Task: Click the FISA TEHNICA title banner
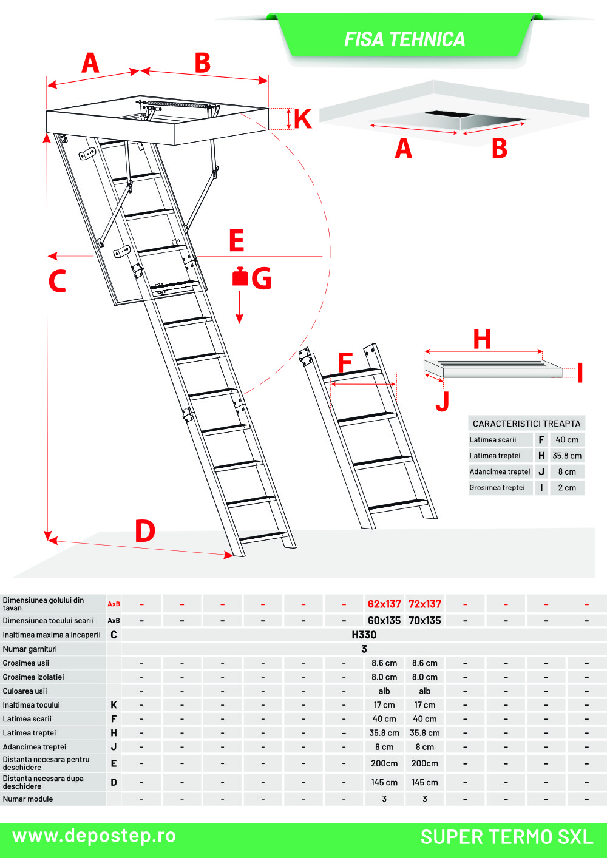point(404,39)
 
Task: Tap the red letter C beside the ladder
point(57,281)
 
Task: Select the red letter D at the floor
point(145,531)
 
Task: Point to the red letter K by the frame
point(302,119)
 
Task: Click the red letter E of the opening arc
point(237,241)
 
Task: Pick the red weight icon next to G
point(240,277)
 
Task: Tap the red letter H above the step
point(482,339)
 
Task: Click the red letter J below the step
point(443,401)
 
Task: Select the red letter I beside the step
point(580,373)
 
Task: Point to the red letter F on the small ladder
point(345,363)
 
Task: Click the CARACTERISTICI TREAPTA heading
point(526,424)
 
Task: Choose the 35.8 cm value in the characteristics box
point(567,456)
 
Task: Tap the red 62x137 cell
point(384,604)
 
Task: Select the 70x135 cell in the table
point(425,621)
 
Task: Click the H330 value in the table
point(364,635)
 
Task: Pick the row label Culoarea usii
point(25,691)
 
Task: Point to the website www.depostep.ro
point(94,836)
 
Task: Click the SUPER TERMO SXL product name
point(507,837)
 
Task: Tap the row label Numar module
point(28,799)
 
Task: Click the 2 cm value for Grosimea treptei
point(567,488)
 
